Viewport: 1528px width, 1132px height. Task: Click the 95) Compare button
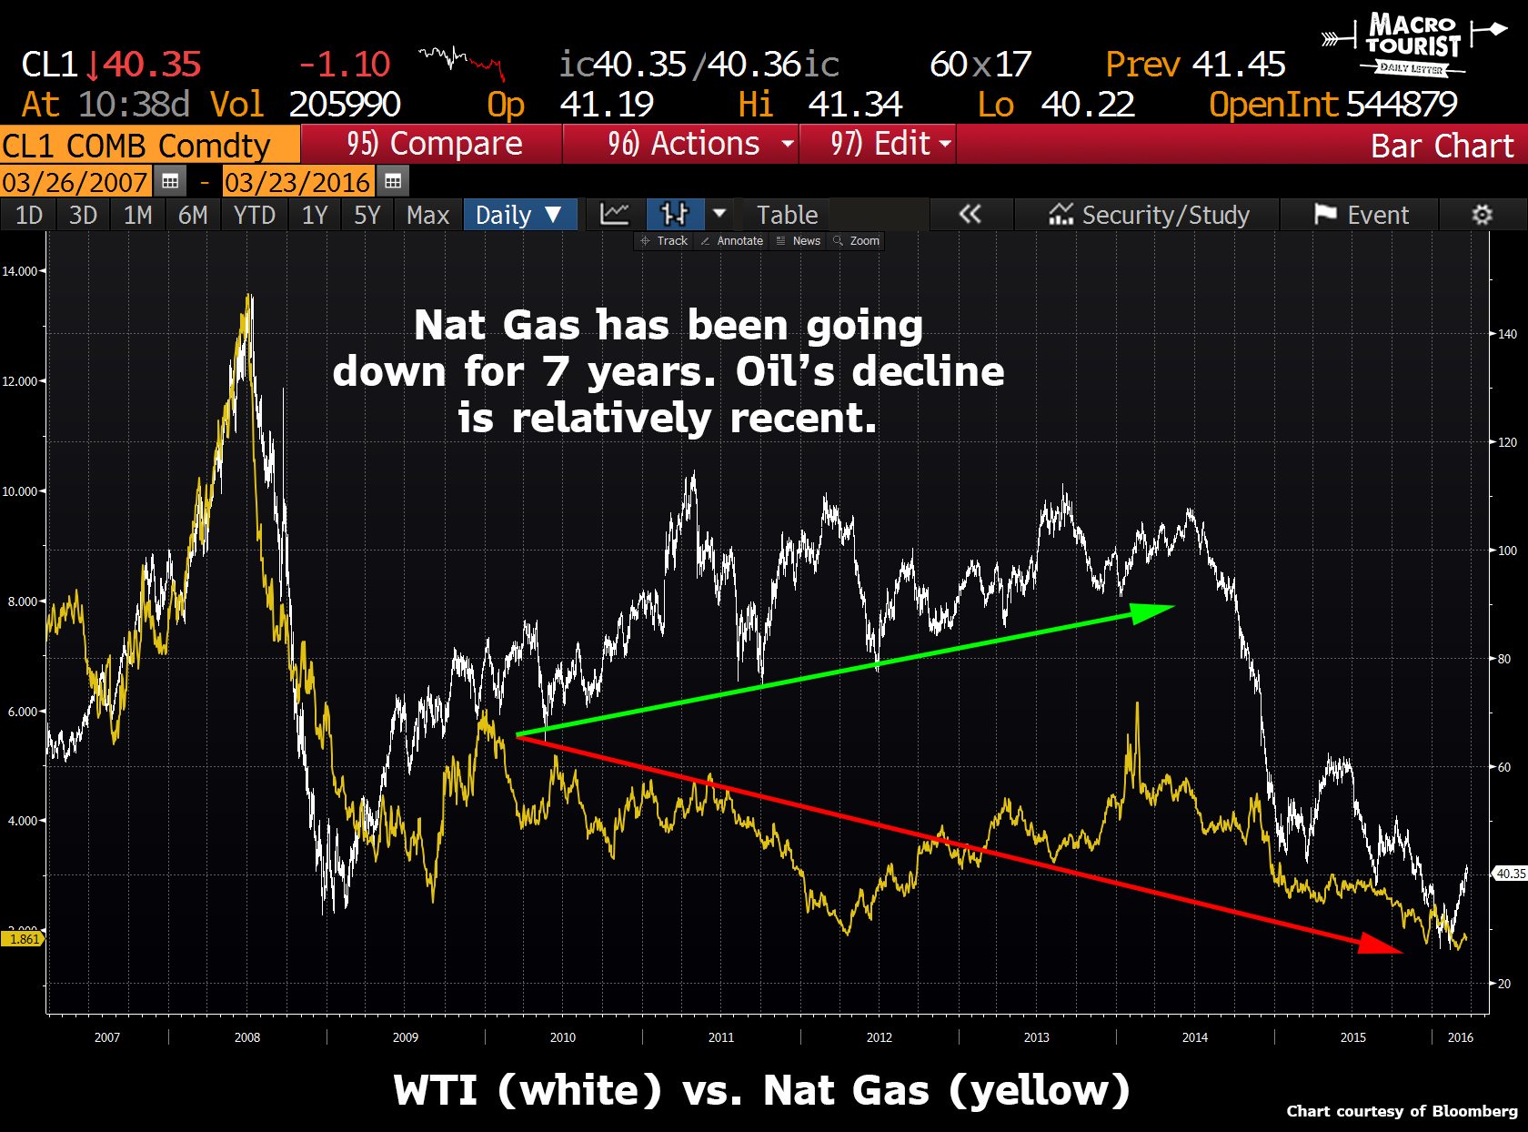(x=433, y=144)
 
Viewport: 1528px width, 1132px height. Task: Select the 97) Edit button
(x=879, y=144)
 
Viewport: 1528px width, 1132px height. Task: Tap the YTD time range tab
(x=254, y=216)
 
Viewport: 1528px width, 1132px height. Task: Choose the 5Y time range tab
(x=367, y=216)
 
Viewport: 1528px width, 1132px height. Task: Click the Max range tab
(x=427, y=216)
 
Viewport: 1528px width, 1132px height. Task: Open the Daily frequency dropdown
(x=519, y=216)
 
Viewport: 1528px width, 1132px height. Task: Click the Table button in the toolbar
(x=787, y=216)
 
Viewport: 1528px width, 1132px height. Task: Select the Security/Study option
(x=1149, y=216)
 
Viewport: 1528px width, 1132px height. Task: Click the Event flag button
(x=1361, y=216)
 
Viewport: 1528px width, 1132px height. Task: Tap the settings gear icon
(x=1482, y=216)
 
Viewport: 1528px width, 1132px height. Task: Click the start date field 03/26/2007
(x=75, y=182)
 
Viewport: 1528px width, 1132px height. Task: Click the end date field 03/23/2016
(x=297, y=182)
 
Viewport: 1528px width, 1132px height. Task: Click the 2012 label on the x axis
(x=879, y=1037)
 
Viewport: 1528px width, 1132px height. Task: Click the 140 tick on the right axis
(x=1507, y=334)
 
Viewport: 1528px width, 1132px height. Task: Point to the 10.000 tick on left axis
(x=20, y=491)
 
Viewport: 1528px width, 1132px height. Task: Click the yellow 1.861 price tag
(x=24, y=939)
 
